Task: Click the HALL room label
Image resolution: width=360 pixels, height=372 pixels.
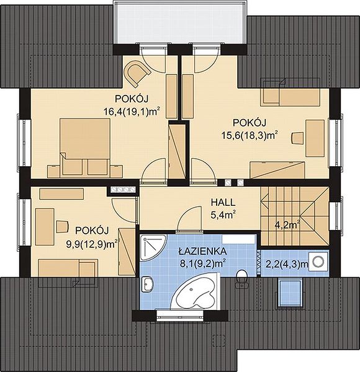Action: click(223, 202)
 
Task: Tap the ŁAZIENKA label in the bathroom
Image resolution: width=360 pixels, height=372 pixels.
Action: click(202, 251)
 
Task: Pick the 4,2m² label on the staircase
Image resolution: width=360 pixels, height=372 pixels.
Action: click(287, 225)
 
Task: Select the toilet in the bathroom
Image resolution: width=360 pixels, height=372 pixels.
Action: click(241, 278)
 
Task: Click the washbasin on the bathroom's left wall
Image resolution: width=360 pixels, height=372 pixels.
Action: click(147, 284)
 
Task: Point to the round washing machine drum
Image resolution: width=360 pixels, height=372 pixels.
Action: click(318, 262)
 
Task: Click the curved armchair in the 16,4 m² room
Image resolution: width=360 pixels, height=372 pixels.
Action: click(138, 73)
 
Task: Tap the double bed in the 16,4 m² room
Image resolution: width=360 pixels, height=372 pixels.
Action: click(85, 148)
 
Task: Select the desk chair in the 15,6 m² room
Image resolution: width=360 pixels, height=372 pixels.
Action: click(297, 138)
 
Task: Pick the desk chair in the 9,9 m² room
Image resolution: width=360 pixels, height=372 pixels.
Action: click(62, 226)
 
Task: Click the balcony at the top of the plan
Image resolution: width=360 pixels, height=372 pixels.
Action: click(181, 23)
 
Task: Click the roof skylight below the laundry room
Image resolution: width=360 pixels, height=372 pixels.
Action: click(291, 293)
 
